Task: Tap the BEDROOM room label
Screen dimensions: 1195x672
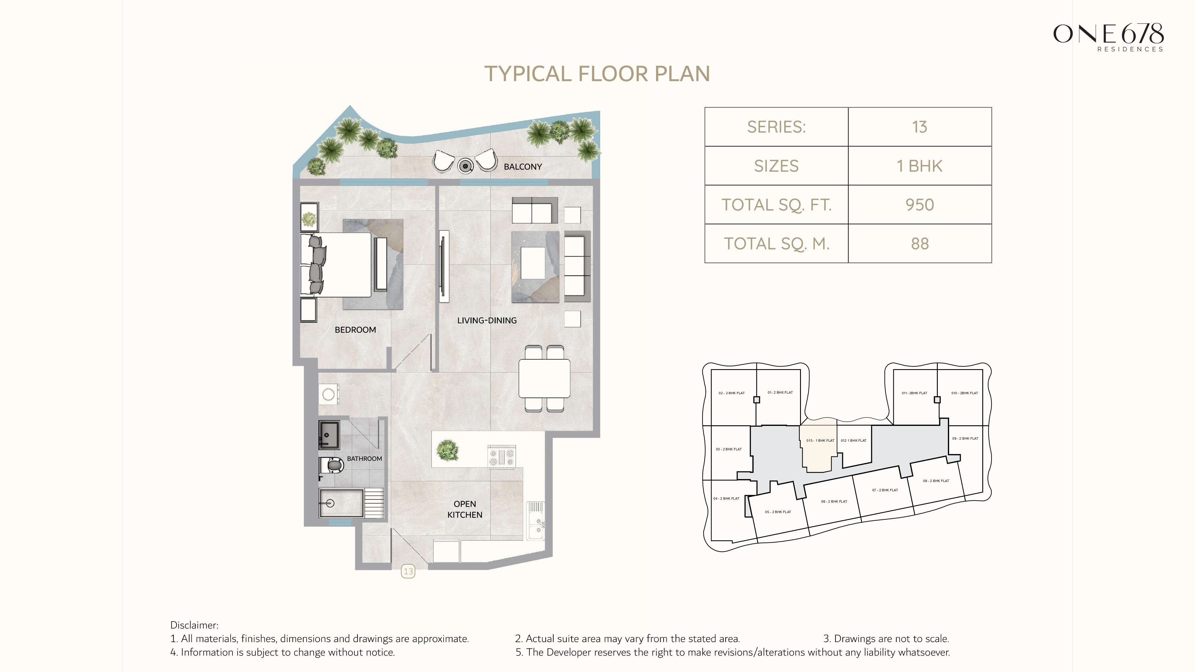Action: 355,330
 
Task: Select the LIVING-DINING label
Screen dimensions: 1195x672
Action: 487,320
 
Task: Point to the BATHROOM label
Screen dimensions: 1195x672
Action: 364,459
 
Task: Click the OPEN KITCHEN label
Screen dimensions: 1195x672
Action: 465,509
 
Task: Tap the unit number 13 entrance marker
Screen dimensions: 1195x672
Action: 408,571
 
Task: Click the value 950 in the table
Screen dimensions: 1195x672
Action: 920,205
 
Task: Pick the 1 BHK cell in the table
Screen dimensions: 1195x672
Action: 920,166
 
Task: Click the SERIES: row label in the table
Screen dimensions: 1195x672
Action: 776,127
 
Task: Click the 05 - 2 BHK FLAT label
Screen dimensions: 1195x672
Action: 778,512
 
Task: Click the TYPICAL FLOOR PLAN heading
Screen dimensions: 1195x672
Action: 597,74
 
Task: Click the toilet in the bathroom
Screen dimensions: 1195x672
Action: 332,465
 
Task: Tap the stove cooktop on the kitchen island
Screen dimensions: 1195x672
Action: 502,457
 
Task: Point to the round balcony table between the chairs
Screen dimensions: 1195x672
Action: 465,165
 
